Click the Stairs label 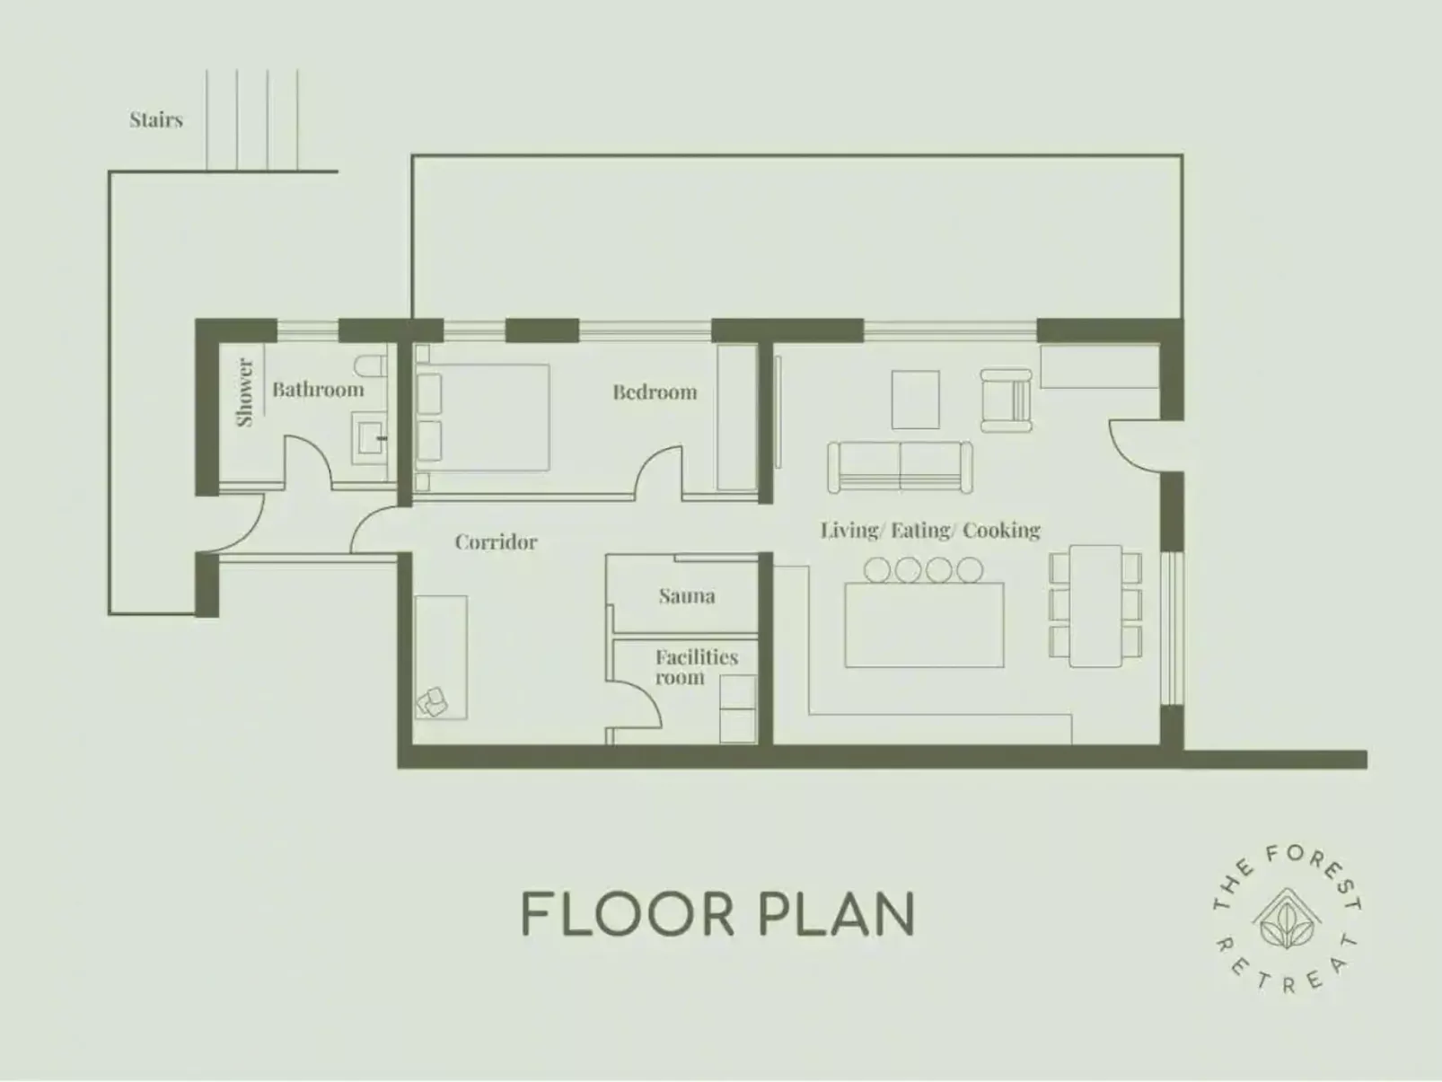(155, 119)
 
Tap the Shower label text (244, 392)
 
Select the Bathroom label (318, 390)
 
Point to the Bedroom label (655, 392)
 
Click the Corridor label (496, 542)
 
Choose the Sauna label (687, 596)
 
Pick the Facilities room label (697, 667)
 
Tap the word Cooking (1002, 530)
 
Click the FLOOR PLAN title (717, 914)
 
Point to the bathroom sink (369, 438)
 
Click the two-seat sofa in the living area (900, 466)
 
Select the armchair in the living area (1006, 400)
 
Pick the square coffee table (915, 400)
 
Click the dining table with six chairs (1095, 606)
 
